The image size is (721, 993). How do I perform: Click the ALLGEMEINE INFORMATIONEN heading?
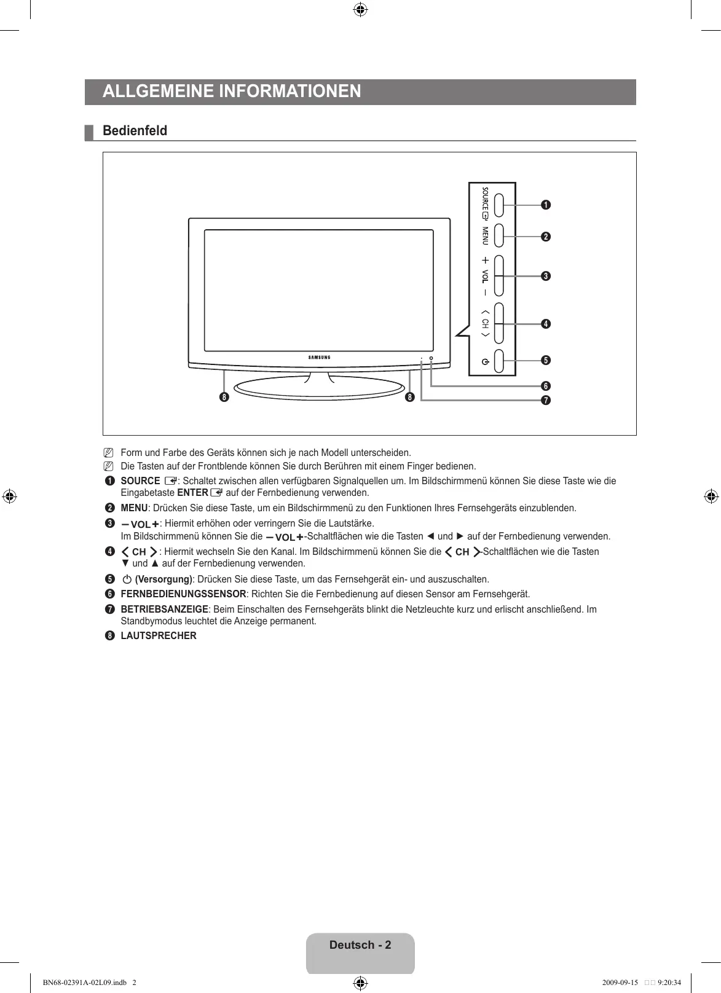[232, 92]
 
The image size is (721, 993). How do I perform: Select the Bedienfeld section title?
[135, 131]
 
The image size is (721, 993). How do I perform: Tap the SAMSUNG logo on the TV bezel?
[319, 357]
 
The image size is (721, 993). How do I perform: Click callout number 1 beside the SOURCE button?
[545, 205]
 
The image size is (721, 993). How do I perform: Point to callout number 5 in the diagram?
[545, 359]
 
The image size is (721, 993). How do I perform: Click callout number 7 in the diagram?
[545, 401]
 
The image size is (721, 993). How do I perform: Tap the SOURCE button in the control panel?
[498, 205]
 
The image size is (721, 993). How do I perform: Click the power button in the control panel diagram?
[498, 361]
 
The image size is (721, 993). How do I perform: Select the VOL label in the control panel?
[485, 276]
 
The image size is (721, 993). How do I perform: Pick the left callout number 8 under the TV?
[224, 397]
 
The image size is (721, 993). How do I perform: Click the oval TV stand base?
[319, 389]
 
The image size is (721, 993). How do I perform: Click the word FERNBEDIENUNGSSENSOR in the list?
[183, 594]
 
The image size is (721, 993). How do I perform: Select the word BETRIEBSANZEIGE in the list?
[164, 610]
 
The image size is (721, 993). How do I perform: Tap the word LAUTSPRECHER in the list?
[159, 636]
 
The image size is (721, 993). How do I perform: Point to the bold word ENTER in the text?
[192, 493]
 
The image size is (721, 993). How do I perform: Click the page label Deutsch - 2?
[360, 945]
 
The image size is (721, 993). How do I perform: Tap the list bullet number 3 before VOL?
[109, 524]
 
